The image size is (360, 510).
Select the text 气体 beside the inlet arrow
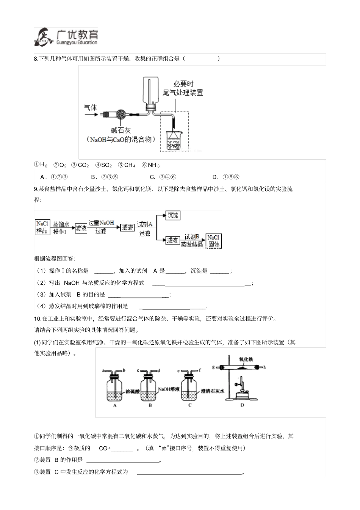90,107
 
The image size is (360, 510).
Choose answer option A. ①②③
54,177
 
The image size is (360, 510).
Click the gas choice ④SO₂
103,165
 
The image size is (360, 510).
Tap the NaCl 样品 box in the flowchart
42,227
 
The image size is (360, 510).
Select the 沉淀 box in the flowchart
172,215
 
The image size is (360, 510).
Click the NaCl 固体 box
214,241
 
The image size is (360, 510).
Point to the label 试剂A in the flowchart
144,224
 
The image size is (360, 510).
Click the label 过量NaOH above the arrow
101,223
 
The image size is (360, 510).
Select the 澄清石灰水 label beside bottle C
213,391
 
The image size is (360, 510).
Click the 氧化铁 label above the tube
246,359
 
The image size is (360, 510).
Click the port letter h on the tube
265,367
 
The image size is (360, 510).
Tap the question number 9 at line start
36,189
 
